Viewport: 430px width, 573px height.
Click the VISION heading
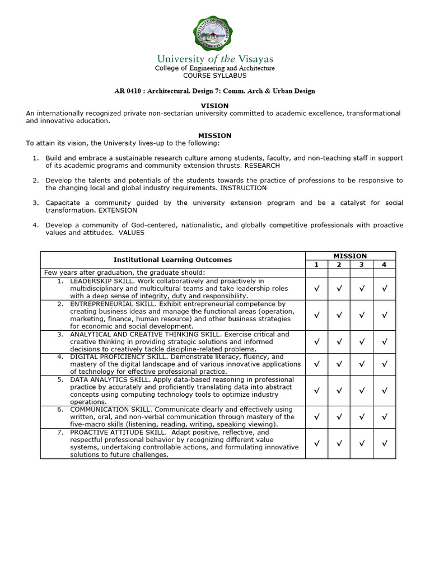click(x=214, y=106)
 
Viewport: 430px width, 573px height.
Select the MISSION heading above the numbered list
click(x=214, y=135)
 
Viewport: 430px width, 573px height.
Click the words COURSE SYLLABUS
click(x=214, y=76)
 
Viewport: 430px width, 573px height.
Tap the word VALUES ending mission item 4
click(x=131, y=233)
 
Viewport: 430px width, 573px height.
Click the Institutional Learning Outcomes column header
click(x=172, y=260)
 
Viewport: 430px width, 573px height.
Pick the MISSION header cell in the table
click(x=350, y=256)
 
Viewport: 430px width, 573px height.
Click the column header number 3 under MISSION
click(x=362, y=264)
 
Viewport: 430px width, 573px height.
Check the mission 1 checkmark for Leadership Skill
click(x=316, y=289)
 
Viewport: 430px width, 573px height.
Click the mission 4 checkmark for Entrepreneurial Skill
click(x=384, y=315)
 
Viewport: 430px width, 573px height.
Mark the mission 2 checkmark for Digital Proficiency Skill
click(x=339, y=364)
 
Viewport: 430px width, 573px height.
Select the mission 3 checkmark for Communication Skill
click(x=362, y=417)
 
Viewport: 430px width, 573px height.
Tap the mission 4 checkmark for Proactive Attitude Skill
click(x=384, y=444)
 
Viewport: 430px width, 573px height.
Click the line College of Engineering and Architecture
click(x=214, y=68)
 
